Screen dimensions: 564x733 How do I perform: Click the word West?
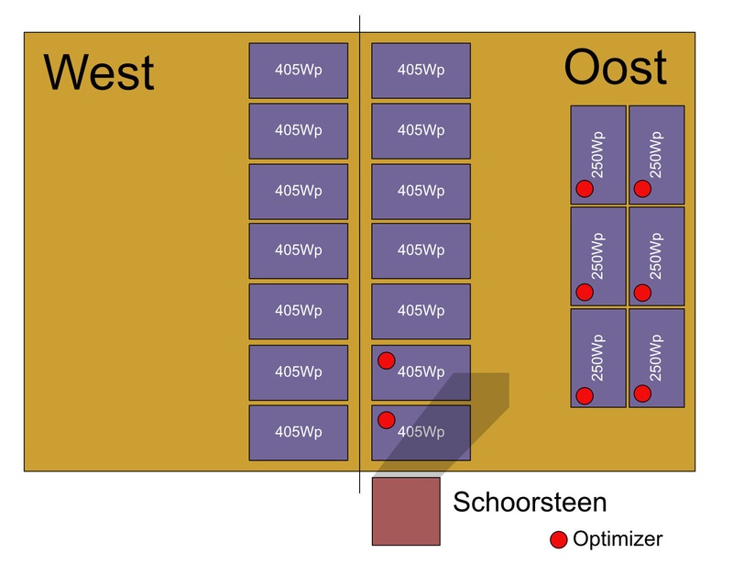point(99,72)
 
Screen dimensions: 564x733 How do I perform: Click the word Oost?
point(615,68)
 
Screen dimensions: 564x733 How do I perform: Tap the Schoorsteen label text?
point(530,503)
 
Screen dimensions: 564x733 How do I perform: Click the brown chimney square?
point(406,511)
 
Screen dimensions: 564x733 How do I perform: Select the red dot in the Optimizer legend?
point(558,539)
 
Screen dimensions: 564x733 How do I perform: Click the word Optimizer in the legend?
point(617,539)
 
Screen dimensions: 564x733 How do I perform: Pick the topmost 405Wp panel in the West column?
point(299,71)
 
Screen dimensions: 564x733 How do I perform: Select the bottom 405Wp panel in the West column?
point(299,432)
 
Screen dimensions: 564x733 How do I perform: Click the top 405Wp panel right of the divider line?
point(421,71)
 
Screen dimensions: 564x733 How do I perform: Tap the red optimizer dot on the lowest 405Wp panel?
point(386,420)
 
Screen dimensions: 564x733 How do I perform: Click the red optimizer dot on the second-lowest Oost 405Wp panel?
point(386,360)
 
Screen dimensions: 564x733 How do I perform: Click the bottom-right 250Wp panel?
point(656,358)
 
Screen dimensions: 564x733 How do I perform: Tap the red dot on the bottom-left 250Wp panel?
point(584,395)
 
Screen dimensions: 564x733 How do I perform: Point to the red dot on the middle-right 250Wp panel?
point(642,293)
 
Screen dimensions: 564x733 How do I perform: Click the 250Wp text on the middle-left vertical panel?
point(597,256)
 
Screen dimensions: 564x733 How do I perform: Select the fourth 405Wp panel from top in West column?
point(299,250)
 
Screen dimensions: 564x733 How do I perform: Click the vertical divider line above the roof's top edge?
point(359,24)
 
